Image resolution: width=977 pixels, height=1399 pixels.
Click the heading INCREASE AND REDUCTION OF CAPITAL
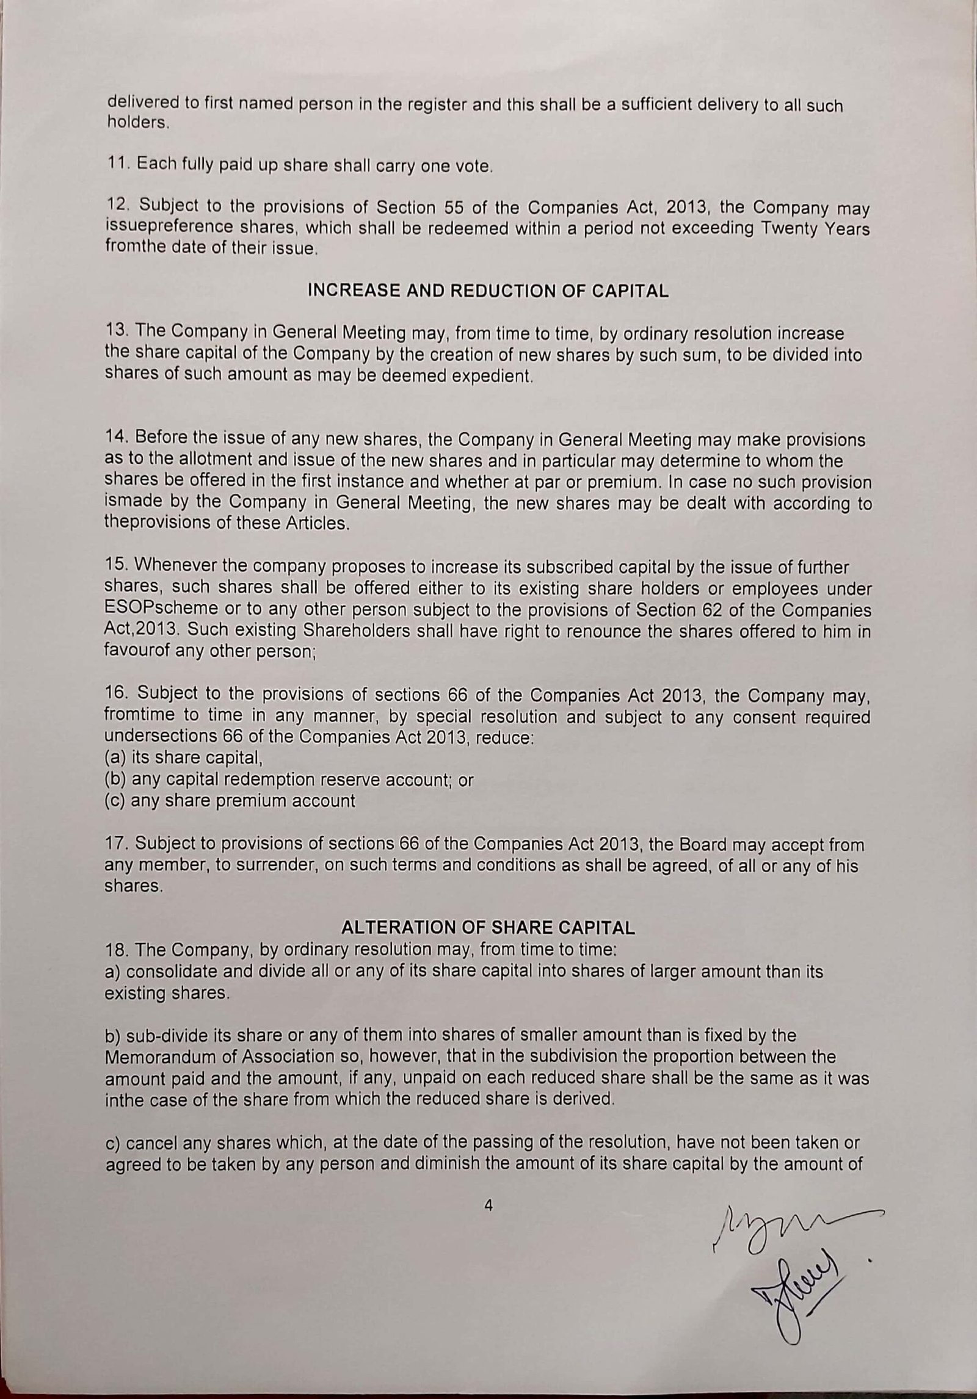[x=488, y=291]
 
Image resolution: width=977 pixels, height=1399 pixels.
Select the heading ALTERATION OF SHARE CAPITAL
[x=488, y=928]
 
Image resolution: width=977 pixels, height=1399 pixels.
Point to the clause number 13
[x=116, y=332]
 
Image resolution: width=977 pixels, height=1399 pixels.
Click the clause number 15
[x=116, y=567]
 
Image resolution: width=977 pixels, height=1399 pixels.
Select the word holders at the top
[x=136, y=122]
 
